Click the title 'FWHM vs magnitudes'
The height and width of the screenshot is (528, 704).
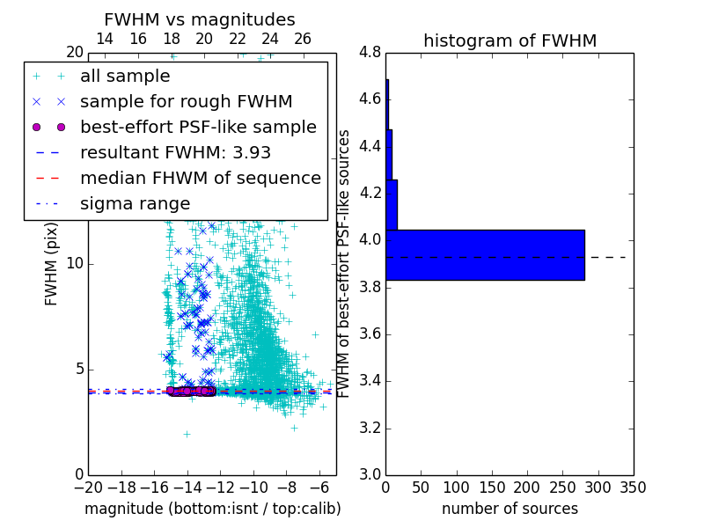200,20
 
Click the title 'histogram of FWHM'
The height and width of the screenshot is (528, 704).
510,40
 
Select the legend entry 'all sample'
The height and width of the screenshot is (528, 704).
125,77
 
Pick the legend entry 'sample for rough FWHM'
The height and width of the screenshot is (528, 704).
186,102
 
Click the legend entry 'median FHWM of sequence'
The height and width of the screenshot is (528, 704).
200,179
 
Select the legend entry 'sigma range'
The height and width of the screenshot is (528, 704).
135,204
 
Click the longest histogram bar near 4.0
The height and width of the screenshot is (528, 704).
485,255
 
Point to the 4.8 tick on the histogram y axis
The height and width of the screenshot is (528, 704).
370,52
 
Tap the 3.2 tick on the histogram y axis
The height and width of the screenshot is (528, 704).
370,428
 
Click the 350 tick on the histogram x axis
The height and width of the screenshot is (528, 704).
633,488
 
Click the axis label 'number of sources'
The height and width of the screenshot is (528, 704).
510,509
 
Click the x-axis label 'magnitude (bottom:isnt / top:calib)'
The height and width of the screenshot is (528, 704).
212,509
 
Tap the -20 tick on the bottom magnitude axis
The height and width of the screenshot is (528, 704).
88,488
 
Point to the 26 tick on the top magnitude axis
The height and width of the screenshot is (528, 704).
303,39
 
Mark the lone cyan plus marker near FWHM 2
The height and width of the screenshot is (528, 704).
187,433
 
